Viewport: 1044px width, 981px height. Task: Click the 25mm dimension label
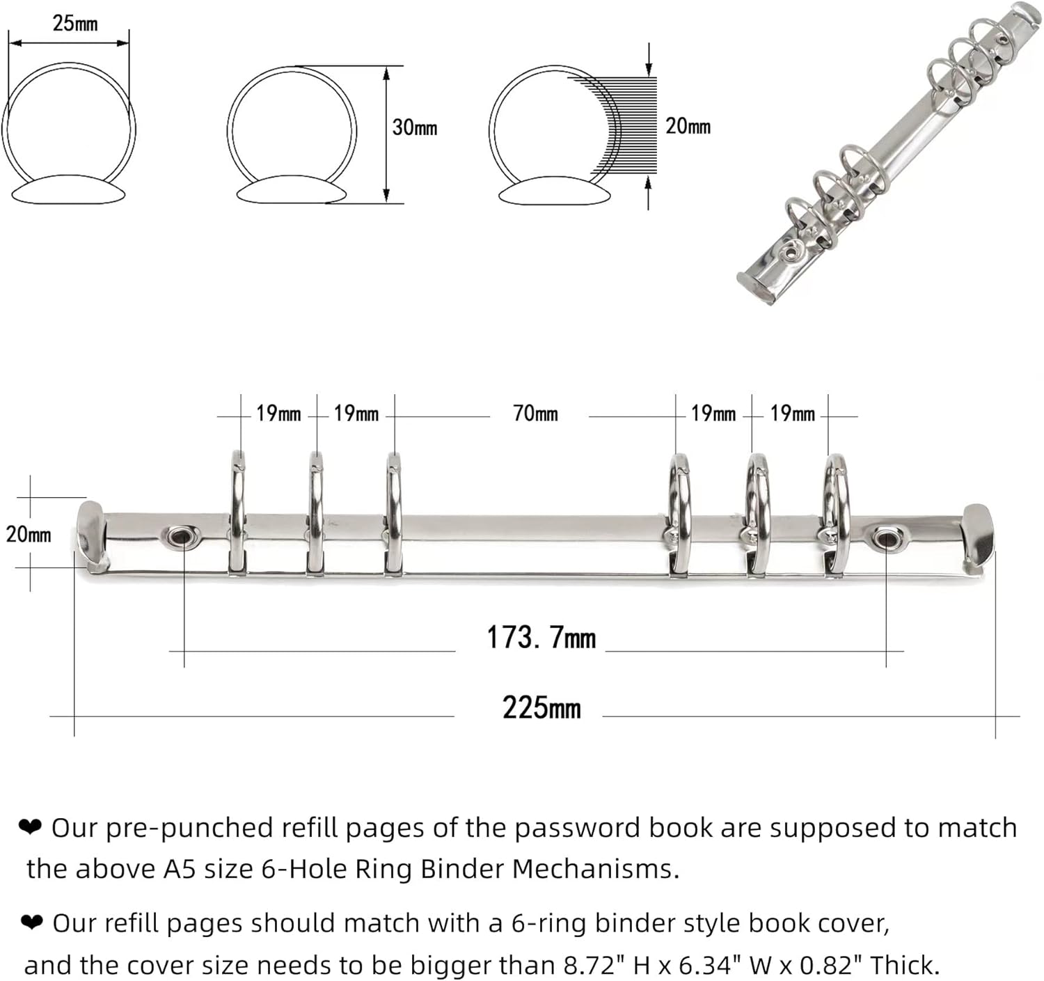coord(74,24)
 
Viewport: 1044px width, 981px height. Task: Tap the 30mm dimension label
coord(414,127)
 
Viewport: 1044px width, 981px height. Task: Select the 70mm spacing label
coord(535,414)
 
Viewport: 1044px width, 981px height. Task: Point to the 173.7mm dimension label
coord(541,638)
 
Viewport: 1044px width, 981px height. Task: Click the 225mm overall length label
coord(541,708)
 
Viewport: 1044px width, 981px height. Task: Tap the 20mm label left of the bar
coord(29,534)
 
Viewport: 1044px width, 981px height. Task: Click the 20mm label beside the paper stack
coord(688,126)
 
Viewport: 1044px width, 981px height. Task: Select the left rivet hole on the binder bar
coord(183,536)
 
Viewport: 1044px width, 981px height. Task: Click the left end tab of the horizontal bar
coord(92,536)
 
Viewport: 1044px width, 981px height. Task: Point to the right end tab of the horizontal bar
coord(979,537)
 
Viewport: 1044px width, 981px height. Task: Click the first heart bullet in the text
coord(31,827)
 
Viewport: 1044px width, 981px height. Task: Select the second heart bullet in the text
coord(32,923)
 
